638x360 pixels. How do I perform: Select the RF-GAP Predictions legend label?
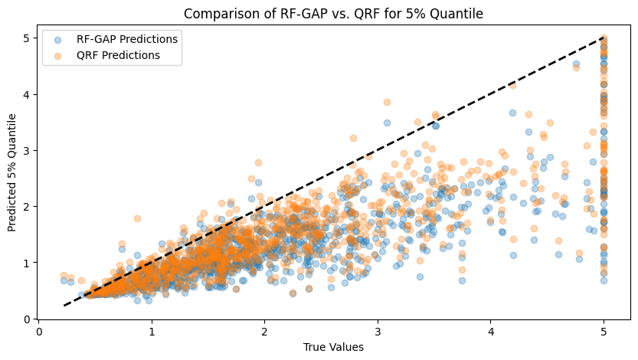(127, 39)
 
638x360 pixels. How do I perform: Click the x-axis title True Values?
(333, 347)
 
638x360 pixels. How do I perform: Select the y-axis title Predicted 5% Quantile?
(13, 172)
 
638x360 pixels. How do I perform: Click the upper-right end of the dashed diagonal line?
(604, 38)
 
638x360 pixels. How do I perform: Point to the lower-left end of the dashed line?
(64, 306)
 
